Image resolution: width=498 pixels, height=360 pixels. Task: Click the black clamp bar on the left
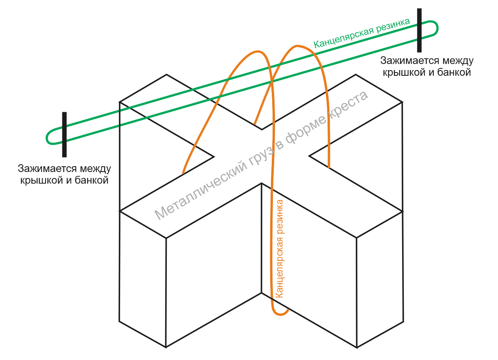(64, 135)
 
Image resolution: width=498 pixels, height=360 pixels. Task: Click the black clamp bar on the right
(419, 30)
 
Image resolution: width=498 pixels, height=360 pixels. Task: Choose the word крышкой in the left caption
(41, 180)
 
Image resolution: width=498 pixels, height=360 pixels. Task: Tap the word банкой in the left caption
(91, 180)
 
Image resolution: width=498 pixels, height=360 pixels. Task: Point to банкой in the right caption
(454, 72)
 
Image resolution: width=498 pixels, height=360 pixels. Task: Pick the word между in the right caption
(458, 61)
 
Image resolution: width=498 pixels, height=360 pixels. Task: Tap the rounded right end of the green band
(437, 28)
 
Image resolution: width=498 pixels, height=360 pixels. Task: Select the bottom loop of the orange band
(281, 314)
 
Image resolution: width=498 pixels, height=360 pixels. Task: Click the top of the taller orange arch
(297, 46)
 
